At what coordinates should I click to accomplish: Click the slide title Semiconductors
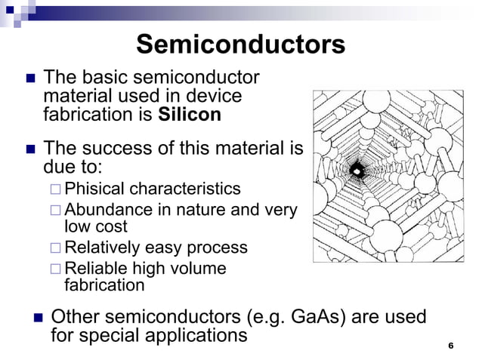pos(240,45)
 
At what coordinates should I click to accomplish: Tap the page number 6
pos(450,346)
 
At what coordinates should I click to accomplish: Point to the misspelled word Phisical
pos(96,188)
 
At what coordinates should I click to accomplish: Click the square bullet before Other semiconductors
pos(33,318)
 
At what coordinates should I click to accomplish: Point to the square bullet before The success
pos(28,149)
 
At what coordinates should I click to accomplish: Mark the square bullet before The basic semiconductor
pos(28,78)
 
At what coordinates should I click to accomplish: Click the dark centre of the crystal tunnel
pos(359,172)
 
